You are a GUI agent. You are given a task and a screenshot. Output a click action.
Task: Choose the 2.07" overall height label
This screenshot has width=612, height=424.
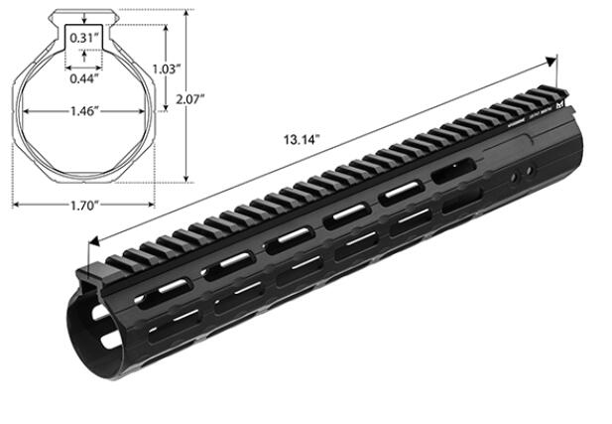click(x=188, y=100)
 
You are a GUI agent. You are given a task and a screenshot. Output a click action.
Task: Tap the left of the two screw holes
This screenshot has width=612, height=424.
click(x=515, y=176)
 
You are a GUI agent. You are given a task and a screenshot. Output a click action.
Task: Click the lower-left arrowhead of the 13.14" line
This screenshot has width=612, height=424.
click(x=93, y=240)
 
